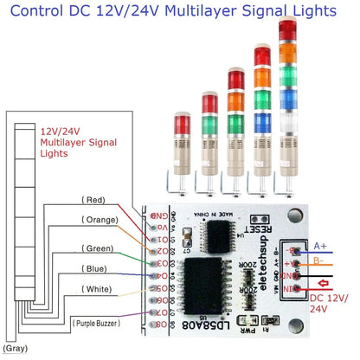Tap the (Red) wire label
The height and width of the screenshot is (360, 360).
pos(93,199)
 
